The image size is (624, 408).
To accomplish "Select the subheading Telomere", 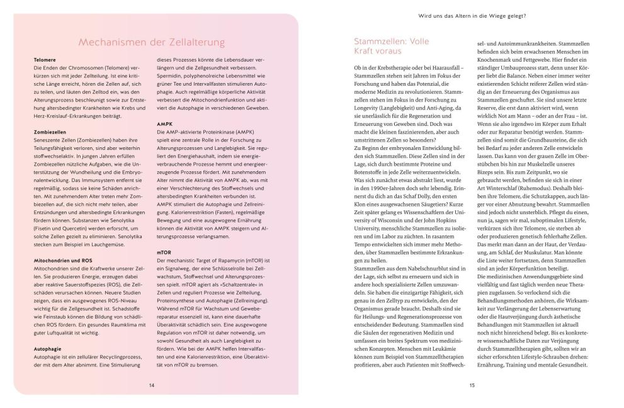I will click(x=45, y=60).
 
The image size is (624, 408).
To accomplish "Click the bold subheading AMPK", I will click(x=164, y=124).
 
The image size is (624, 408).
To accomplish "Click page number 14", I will click(x=152, y=385).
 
